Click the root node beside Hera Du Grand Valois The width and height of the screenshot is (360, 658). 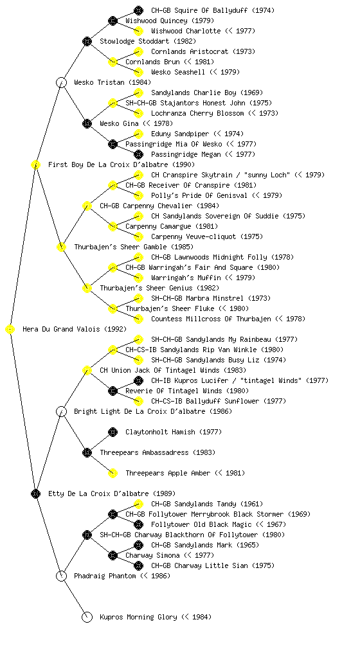click(10, 330)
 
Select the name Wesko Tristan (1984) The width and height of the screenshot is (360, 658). click(113, 82)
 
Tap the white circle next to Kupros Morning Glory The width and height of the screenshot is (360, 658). click(87, 617)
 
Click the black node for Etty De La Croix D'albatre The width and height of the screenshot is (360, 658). click(35, 493)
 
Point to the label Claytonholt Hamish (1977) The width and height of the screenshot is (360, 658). click(174, 432)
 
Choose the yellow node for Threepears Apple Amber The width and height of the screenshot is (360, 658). click(113, 473)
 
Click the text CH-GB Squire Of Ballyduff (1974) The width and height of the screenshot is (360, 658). click(213, 10)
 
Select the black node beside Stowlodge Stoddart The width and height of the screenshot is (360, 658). click(87, 41)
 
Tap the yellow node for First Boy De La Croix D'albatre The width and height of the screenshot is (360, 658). click(35, 164)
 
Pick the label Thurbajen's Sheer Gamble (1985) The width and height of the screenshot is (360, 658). click(134, 247)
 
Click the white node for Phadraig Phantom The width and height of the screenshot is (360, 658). click(61, 576)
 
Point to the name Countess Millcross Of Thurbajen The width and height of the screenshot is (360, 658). click(211, 319)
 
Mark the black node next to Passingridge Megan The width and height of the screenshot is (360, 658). click(138, 154)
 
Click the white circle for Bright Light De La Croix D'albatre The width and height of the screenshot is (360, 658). click(61, 411)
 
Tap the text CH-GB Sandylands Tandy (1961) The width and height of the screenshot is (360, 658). click(207, 504)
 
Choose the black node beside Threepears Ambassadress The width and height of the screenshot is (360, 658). click(87, 452)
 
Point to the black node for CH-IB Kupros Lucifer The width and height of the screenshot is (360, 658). click(138, 380)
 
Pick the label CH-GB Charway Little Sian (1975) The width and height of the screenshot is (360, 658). click(213, 565)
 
